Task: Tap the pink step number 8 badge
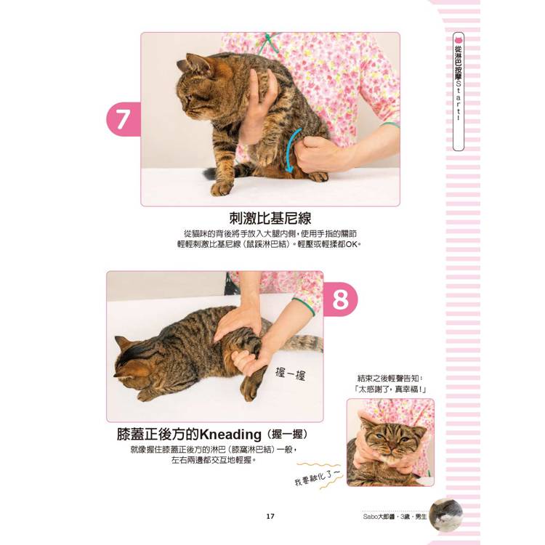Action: (x=340, y=299)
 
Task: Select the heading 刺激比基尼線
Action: (x=270, y=218)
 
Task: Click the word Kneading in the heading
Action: (x=231, y=434)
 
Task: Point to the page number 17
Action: (x=270, y=516)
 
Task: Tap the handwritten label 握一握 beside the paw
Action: (x=290, y=374)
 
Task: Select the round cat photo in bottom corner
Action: (x=446, y=514)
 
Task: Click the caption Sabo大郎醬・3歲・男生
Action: (x=395, y=517)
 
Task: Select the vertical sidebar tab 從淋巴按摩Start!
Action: (x=459, y=92)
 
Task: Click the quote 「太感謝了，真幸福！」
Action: (x=390, y=389)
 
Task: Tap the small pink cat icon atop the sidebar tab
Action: (x=459, y=39)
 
